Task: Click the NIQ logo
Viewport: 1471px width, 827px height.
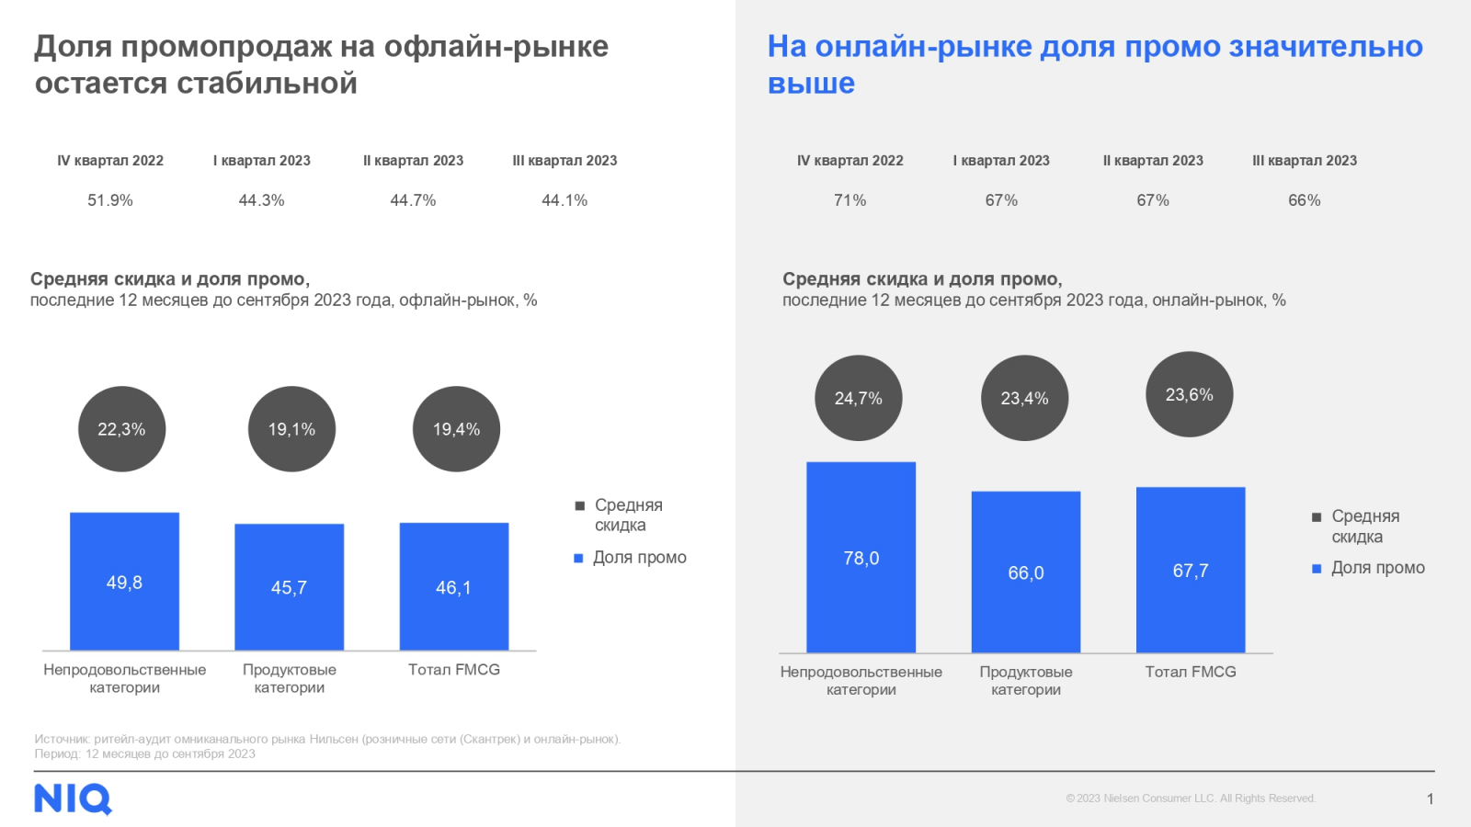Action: [x=73, y=799]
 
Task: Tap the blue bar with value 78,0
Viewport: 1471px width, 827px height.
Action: [x=861, y=557]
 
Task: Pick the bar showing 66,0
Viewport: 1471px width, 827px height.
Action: [x=1025, y=572]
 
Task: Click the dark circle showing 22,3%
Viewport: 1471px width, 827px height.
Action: [x=121, y=429]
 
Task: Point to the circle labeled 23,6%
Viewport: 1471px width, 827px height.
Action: [x=1189, y=394]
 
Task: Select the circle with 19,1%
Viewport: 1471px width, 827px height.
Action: [x=291, y=429]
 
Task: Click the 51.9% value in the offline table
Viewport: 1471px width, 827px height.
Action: [x=110, y=200]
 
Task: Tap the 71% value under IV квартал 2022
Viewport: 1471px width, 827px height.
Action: [x=850, y=200]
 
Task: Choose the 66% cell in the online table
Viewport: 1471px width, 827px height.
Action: [x=1304, y=200]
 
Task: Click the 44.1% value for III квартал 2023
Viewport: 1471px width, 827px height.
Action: [x=564, y=200]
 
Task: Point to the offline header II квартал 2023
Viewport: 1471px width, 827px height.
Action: [x=413, y=161]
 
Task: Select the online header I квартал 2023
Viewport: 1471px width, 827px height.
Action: [x=1001, y=161]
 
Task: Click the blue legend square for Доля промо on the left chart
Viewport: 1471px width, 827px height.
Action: [x=578, y=558]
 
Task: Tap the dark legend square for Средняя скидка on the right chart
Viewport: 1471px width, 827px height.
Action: [x=1317, y=517]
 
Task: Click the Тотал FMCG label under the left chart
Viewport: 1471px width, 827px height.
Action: [x=454, y=670]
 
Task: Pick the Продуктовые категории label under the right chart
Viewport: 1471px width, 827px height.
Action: [x=1025, y=681]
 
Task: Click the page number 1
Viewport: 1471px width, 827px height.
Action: [x=1430, y=799]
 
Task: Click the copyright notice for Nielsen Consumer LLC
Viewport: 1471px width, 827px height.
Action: [x=1191, y=799]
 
